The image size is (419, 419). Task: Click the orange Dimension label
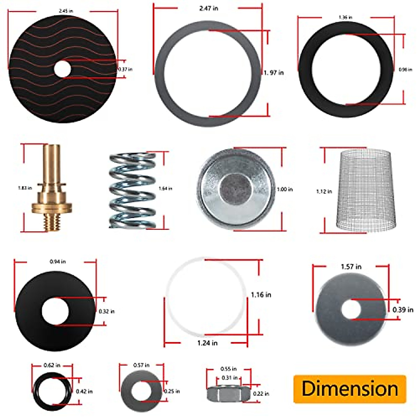[350, 389]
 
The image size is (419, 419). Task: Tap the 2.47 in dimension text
[208, 8]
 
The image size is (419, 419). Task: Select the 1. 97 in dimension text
[274, 73]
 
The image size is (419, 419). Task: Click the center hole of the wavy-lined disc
[63, 69]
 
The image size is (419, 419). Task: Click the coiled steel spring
[132, 190]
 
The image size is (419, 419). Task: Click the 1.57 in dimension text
[351, 267]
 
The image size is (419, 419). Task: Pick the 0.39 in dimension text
[403, 310]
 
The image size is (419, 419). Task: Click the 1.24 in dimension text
[207, 343]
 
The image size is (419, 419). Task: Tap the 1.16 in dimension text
[261, 295]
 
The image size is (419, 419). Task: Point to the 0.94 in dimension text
[58, 262]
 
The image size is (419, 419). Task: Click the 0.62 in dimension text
[52, 365]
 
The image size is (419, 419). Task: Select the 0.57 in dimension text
[141, 365]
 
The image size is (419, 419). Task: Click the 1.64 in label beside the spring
[165, 189]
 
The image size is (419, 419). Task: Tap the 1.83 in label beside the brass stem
[25, 188]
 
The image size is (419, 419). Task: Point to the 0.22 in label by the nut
[261, 394]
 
